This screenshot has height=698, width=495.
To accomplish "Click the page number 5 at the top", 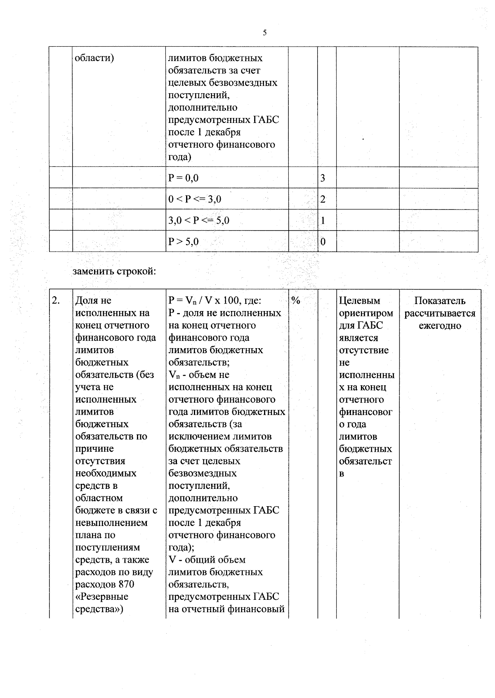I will pyautogui.click(x=264, y=33).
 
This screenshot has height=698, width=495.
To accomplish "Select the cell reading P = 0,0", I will pyautogui.click(x=184, y=178).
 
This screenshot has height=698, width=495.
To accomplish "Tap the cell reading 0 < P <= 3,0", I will pyautogui.click(x=195, y=199).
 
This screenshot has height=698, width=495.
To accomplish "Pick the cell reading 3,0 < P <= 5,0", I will pyautogui.click(x=199, y=220).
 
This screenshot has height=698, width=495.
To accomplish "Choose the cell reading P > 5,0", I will pyautogui.click(x=184, y=242).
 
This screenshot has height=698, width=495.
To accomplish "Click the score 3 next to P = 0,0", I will pyautogui.click(x=323, y=178).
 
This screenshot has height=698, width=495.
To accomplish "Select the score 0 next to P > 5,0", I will pyautogui.click(x=323, y=242).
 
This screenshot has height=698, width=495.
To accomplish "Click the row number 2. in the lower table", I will pyautogui.click(x=56, y=300).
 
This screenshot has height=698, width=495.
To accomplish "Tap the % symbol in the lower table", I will pyautogui.click(x=296, y=300).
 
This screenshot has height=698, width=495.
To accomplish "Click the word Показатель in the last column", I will pyautogui.click(x=440, y=301).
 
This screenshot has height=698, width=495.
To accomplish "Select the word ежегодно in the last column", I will pyautogui.click(x=440, y=325).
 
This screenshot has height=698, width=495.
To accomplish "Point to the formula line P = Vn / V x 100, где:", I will pyautogui.click(x=215, y=301).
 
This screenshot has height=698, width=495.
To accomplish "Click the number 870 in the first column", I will pyautogui.click(x=126, y=584).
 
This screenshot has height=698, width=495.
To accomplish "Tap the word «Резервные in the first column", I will pyautogui.click(x=102, y=597).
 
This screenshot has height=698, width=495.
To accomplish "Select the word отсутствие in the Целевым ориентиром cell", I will pyautogui.click(x=364, y=350).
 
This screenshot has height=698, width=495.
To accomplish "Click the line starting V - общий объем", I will pyautogui.click(x=207, y=560).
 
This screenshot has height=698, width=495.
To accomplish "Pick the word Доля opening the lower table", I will pyautogui.click(x=87, y=301).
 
